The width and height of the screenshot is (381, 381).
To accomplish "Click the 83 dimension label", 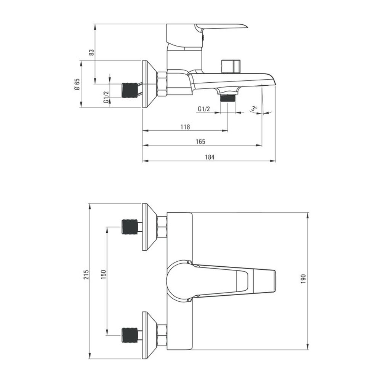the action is coord(91,53).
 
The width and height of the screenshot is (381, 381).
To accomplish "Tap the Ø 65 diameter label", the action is coord(77,84).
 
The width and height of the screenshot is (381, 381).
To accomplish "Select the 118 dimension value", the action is coord(185,127).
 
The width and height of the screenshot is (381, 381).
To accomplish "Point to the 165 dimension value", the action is coord(200,141).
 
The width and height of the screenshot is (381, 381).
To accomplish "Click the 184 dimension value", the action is coord(210,157).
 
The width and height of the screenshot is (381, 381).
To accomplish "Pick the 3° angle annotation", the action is coord(254,108).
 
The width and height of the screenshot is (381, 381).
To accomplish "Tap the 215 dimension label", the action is coord(86,274).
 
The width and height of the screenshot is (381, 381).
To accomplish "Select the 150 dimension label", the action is coord(104,274).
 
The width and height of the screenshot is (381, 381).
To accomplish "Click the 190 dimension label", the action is coord(303,279).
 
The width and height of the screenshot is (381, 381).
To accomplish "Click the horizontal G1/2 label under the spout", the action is coord(203,109).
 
